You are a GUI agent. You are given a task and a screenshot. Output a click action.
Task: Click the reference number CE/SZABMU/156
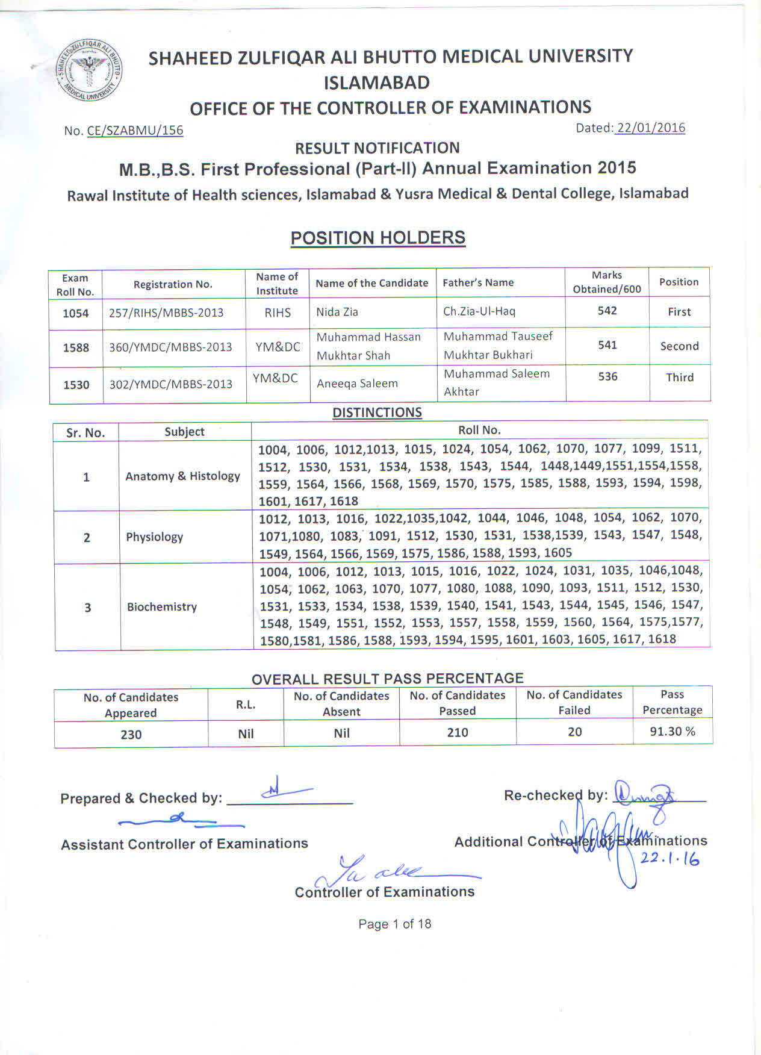[135, 131]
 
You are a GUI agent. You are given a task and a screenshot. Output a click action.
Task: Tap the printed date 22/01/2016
[650, 128]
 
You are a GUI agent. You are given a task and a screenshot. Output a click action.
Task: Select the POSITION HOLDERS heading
[377, 238]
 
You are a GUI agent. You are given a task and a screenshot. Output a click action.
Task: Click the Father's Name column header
[478, 282]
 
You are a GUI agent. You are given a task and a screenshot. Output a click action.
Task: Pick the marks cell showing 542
[607, 311]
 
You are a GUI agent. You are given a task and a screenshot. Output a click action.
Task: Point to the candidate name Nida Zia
[337, 312]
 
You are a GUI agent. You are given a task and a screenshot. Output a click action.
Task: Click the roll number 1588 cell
[76, 348]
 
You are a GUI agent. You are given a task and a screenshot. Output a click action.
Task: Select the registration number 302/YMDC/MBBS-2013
[170, 384]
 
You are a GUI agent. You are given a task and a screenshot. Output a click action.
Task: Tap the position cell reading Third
[680, 378]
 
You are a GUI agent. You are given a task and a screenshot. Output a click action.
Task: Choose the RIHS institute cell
[278, 313]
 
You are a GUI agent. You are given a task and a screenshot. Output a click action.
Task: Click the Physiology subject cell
[154, 537]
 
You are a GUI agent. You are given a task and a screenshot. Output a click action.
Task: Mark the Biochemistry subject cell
[161, 607]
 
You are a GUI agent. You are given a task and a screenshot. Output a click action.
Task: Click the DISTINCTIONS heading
[377, 412]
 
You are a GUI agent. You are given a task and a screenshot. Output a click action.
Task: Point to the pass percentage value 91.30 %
[672, 732]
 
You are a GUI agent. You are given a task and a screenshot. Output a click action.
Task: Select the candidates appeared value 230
[131, 735]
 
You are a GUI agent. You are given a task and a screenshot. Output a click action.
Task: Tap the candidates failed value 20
[575, 732]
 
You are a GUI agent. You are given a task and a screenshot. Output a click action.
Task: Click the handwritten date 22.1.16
[669, 859]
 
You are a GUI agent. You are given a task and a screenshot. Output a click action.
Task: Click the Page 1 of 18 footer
[395, 924]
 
